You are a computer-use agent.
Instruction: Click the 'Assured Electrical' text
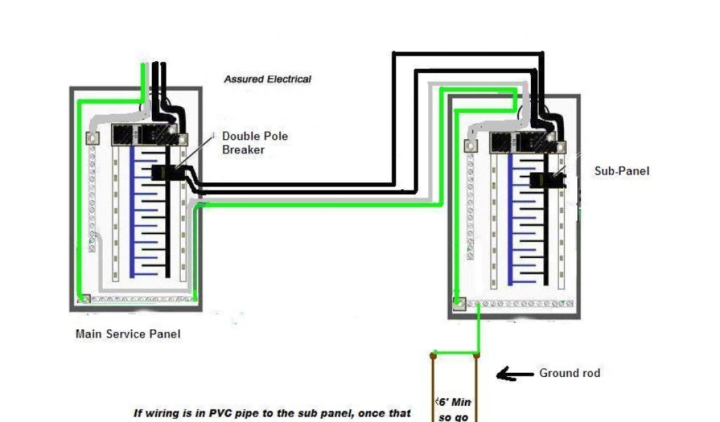pos(267,79)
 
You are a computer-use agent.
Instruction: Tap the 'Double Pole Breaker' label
pos(255,143)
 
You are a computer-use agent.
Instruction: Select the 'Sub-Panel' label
pos(622,171)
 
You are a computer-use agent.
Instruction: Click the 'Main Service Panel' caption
pos(127,334)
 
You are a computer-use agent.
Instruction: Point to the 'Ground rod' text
pos(570,373)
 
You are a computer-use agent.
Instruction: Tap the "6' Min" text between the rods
pos(454,402)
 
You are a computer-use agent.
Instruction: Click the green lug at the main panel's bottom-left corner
pos(84,299)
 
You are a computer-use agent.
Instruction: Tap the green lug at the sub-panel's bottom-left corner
pos(459,304)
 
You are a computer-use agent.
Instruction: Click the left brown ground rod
pos(432,387)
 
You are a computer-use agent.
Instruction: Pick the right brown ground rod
pos(477,387)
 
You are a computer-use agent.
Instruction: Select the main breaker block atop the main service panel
pos(145,134)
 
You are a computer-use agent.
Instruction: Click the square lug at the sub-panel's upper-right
pos(561,146)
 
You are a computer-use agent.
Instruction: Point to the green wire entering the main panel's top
pos(145,77)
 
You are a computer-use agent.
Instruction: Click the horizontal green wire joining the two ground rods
pos(455,353)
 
